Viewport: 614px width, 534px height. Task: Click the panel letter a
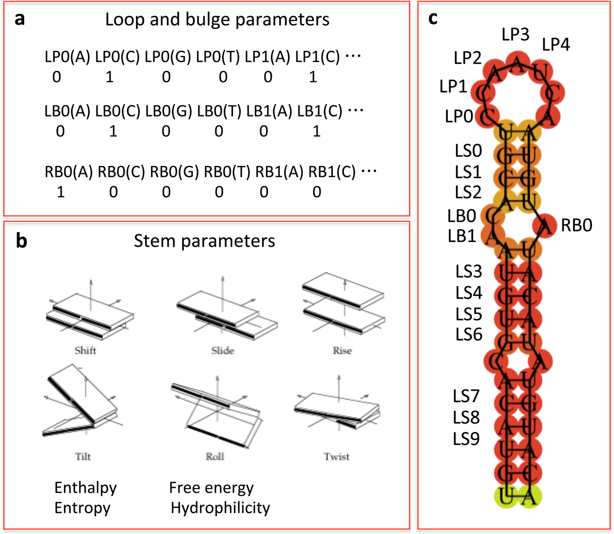pyautogui.click(x=20, y=20)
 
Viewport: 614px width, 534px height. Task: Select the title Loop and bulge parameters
pyautogui.click(x=217, y=20)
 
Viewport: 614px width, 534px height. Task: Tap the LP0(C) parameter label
pyautogui.click(x=117, y=57)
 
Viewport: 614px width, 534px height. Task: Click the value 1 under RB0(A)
pyautogui.click(x=60, y=192)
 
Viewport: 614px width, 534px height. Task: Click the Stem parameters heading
pyautogui.click(x=204, y=241)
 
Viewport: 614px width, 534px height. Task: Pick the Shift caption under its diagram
pyautogui.click(x=85, y=350)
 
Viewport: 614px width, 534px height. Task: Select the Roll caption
pyautogui.click(x=215, y=456)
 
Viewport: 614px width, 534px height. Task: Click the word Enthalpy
pyautogui.click(x=86, y=488)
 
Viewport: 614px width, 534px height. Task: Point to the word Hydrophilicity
pyautogui.click(x=220, y=508)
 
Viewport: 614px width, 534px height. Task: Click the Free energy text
pyautogui.click(x=211, y=488)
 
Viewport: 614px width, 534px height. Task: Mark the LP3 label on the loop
pyautogui.click(x=515, y=34)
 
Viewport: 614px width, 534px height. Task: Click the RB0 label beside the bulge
pyautogui.click(x=577, y=226)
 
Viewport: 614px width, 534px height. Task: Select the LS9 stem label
pyautogui.click(x=466, y=439)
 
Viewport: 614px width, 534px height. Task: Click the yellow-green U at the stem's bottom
pyautogui.click(x=506, y=496)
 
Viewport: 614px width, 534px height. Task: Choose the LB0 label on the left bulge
pyautogui.click(x=462, y=216)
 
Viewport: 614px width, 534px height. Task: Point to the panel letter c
pyautogui.click(x=433, y=18)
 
